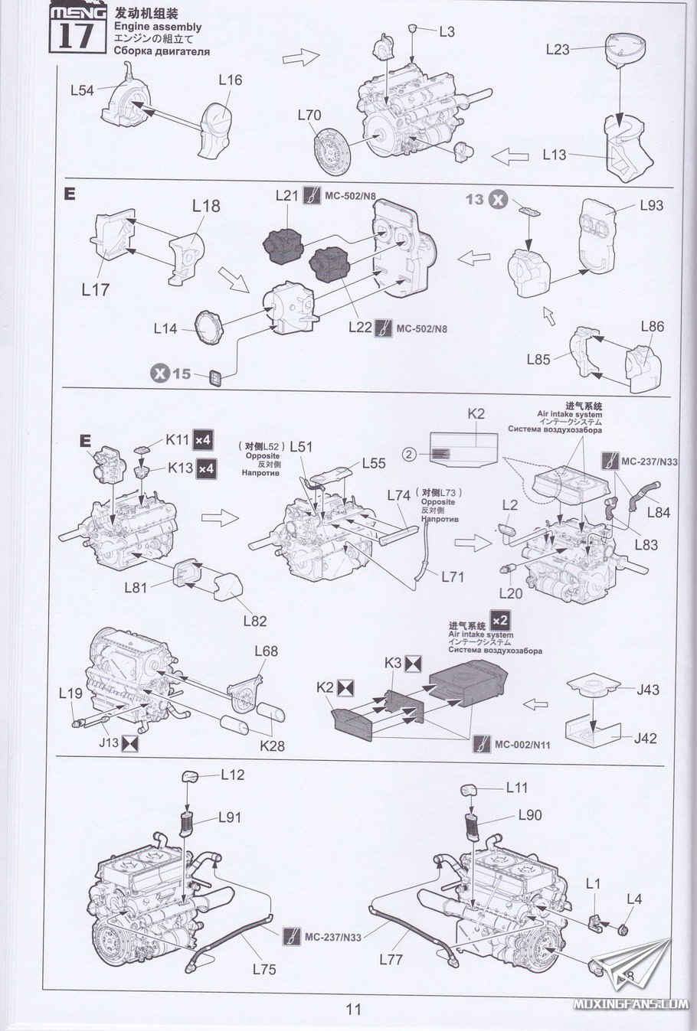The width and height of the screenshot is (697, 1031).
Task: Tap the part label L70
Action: [x=309, y=116]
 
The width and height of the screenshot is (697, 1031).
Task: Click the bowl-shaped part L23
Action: [x=625, y=49]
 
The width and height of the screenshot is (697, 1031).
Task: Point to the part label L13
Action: [x=554, y=155]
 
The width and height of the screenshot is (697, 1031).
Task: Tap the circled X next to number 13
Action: [x=498, y=200]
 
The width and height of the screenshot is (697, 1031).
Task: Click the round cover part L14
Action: [x=208, y=325]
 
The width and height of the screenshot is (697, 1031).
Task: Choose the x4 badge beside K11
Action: [x=204, y=440]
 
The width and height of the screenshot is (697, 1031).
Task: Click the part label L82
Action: [x=255, y=621]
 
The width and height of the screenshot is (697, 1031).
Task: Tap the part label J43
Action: [x=647, y=690]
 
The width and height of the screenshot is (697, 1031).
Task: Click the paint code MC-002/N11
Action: [x=522, y=744]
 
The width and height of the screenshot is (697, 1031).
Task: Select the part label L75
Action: [x=263, y=969]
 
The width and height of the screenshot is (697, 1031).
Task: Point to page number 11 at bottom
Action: [x=353, y=1009]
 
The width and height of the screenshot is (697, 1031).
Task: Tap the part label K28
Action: [x=272, y=744]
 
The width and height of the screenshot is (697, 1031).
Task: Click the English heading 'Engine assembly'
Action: [x=157, y=27]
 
